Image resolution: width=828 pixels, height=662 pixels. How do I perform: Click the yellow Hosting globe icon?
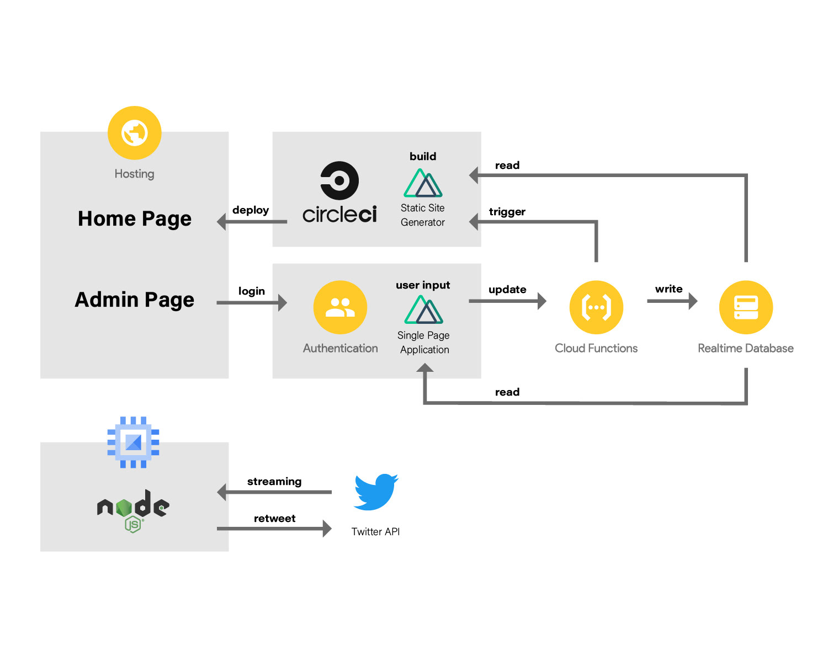click(134, 133)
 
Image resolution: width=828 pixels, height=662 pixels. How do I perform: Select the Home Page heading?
click(134, 219)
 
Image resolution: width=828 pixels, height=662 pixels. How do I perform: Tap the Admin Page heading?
click(134, 300)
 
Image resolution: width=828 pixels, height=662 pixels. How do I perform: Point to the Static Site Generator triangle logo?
click(423, 183)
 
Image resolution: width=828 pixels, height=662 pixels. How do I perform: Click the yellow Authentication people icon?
click(340, 307)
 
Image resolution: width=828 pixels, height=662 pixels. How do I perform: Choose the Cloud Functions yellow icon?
click(596, 307)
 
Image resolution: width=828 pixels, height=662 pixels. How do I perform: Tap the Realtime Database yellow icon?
click(746, 307)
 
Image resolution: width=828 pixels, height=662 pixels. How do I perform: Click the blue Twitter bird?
click(376, 491)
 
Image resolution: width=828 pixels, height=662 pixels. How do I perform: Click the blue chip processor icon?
click(134, 442)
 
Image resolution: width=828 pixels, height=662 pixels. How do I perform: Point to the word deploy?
click(251, 210)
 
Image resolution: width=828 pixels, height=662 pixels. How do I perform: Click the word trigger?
click(507, 212)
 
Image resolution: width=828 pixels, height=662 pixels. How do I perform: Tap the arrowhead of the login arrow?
click(283, 302)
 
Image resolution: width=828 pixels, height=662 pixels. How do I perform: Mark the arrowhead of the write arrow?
click(693, 301)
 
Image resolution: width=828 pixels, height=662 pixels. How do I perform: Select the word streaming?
click(274, 482)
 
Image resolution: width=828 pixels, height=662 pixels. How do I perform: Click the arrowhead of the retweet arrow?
click(327, 528)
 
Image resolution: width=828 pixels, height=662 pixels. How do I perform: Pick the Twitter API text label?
click(375, 532)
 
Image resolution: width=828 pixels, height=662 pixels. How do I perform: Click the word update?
click(507, 290)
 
